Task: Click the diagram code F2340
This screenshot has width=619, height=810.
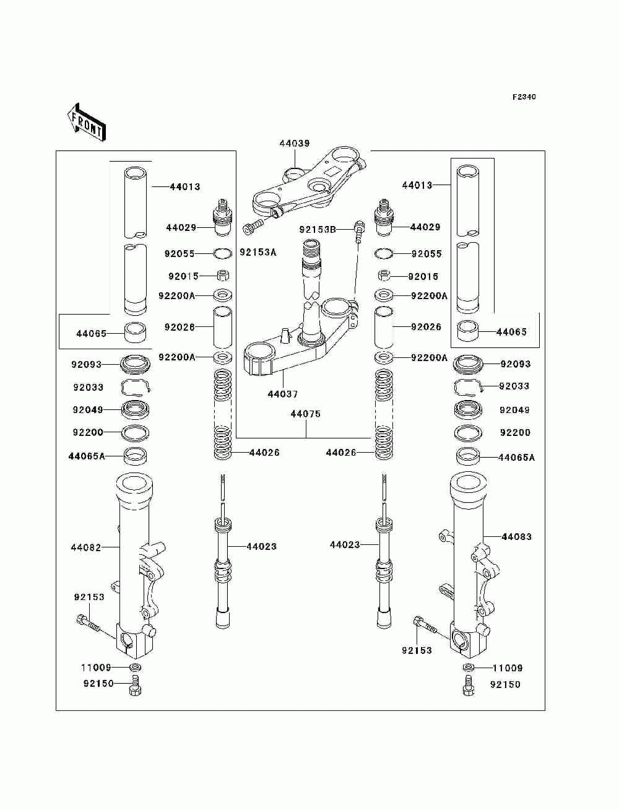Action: point(524,97)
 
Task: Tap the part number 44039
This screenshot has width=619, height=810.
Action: point(295,143)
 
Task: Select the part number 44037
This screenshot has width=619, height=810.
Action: point(282,394)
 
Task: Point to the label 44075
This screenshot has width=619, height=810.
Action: point(305,414)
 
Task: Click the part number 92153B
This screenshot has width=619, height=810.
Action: point(318,230)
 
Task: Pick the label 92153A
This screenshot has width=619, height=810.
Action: point(258,252)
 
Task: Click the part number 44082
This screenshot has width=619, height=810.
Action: point(86,547)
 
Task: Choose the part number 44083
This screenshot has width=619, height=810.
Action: point(516,536)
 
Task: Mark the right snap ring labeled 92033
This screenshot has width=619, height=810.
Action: point(468,387)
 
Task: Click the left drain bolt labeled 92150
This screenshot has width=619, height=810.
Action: point(136,686)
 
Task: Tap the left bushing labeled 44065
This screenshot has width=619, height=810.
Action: point(135,333)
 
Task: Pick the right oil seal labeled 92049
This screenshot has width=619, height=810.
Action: point(468,409)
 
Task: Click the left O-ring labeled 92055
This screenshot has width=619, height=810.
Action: point(223,253)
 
